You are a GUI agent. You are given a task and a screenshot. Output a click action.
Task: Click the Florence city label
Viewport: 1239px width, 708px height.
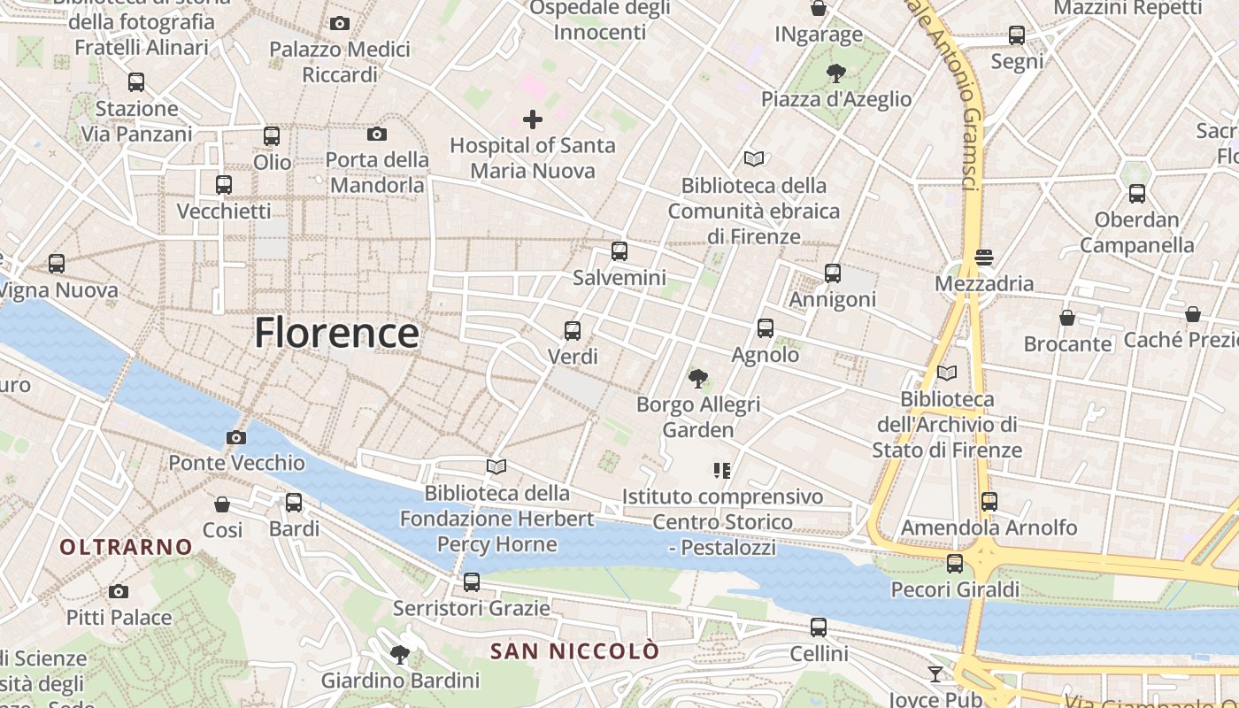336,334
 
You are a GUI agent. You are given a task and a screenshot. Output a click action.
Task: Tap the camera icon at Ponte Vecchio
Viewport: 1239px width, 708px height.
236,437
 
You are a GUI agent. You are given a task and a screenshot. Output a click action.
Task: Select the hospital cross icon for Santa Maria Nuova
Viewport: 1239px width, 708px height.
533,119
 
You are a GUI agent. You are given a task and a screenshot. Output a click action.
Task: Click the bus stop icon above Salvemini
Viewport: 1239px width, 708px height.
619,251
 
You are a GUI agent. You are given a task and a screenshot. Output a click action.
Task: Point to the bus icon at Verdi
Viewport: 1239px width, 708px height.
573,331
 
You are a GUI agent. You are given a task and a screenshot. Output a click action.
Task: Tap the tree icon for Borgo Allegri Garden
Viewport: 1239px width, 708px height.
698,379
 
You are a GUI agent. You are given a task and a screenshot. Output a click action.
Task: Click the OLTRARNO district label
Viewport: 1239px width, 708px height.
126,547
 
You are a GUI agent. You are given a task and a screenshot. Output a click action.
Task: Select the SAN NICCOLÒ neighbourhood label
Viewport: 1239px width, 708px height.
575,651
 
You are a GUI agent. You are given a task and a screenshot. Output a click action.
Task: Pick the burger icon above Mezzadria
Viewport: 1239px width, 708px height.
985,258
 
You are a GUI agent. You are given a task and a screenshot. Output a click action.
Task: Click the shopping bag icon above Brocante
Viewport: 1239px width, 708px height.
1067,317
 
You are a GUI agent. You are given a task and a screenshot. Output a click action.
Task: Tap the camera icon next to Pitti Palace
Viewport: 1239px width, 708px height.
119,591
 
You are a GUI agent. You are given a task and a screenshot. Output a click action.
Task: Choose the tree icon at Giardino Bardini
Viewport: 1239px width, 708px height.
400,655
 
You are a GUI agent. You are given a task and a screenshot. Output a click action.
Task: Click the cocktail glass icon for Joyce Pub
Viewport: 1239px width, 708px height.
935,674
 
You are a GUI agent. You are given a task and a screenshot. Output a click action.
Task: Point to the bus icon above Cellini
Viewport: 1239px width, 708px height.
819,627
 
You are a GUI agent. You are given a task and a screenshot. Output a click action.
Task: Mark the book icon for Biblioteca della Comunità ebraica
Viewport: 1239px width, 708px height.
754,159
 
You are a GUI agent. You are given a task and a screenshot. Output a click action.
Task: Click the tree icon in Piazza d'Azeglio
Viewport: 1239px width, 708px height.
835,73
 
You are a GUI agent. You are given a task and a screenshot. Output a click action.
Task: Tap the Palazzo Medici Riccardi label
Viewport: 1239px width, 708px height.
340,62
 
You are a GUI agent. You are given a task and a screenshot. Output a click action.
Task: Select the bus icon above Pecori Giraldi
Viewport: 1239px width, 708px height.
955,563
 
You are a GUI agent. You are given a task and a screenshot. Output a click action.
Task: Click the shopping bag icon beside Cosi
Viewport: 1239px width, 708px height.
222,504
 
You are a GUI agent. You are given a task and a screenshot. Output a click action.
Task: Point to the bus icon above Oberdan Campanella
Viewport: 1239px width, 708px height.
1137,193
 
